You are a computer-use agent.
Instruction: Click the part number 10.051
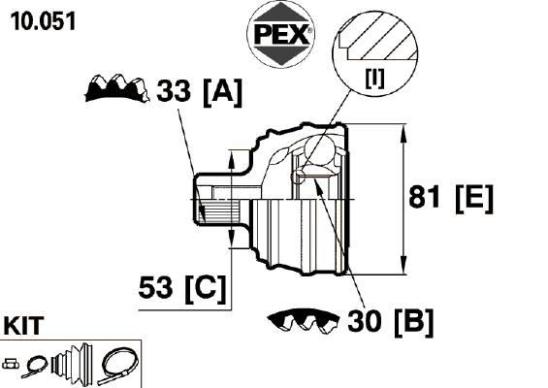(x=44, y=21)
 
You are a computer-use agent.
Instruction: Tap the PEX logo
(x=281, y=35)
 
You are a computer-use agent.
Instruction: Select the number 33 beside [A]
(x=174, y=90)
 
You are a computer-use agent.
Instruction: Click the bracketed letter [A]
(x=222, y=92)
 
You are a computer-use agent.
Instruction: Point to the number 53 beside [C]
(x=155, y=287)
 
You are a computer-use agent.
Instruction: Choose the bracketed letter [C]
(x=206, y=289)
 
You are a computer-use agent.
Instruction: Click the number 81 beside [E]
(x=424, y=197)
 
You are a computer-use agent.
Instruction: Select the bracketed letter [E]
(x=474, y=199)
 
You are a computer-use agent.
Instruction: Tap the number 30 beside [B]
(x=364, y=320)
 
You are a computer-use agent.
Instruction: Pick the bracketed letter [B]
(x=414, y=322)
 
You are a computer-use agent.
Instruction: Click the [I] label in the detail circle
(x=374, y=79)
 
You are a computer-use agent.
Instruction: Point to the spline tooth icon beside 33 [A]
(x=117, y=88)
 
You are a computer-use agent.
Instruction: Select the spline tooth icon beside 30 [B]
(x=303, y=320)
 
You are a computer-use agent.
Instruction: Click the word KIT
(x=24, y=325)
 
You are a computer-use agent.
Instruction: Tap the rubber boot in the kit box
(x=72, y=362)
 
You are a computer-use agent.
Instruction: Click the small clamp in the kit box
(x=35, y=366)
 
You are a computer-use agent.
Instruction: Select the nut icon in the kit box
(x=11, y=364)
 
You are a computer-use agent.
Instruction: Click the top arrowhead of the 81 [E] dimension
(x=403, y=133)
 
